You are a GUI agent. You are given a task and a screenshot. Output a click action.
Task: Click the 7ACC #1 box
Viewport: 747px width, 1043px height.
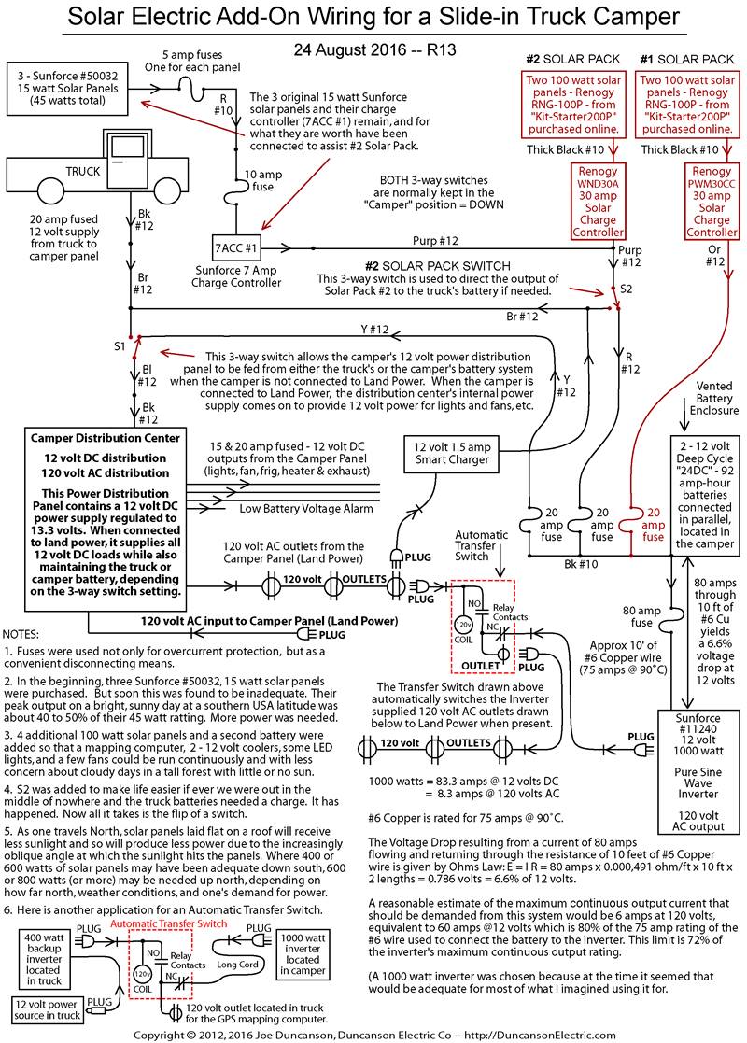(236, 248)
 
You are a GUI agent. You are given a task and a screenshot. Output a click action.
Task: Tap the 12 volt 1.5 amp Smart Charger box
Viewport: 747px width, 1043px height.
(452, 454)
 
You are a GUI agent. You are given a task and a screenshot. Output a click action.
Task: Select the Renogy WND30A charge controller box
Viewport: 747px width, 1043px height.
(598, 202)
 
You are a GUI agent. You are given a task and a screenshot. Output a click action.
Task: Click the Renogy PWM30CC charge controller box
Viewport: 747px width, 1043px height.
(712, 202)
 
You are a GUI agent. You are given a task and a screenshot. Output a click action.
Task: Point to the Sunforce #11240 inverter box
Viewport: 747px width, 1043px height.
(698, 771)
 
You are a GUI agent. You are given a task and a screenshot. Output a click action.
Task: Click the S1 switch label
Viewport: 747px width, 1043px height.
(120, 346)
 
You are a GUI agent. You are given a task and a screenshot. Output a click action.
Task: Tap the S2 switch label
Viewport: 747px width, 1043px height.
(626, 289)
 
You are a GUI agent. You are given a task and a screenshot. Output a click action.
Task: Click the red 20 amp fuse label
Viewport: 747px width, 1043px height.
(654, 525)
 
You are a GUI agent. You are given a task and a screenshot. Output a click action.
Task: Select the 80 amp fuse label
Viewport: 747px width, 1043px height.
(641, 616)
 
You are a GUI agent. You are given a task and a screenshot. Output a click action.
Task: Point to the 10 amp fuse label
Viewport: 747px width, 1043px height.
(262, 181)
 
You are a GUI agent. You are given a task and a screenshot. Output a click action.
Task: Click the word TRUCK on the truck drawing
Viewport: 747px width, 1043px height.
(82, 172)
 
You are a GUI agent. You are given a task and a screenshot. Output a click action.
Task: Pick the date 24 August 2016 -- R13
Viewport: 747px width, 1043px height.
(375, 49)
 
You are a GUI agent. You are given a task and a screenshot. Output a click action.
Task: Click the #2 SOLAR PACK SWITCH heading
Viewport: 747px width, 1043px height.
(438, 265)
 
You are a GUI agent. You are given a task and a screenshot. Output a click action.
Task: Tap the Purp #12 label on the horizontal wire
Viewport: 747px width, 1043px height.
(435, 241)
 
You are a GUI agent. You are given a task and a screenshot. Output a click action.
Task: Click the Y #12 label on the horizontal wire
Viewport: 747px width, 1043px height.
(374, 330)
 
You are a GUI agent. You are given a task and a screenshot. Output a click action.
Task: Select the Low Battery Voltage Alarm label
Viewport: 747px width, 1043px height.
(306, 509)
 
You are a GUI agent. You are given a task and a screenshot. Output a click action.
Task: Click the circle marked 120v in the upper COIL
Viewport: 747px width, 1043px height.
(463, 626)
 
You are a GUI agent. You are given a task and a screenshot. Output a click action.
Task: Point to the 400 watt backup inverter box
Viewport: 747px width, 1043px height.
(44, 959)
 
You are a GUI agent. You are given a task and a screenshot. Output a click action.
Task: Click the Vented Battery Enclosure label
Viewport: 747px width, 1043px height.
(713, 399)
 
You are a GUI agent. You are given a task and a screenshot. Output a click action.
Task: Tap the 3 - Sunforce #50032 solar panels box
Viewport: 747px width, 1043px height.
(67, 89)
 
